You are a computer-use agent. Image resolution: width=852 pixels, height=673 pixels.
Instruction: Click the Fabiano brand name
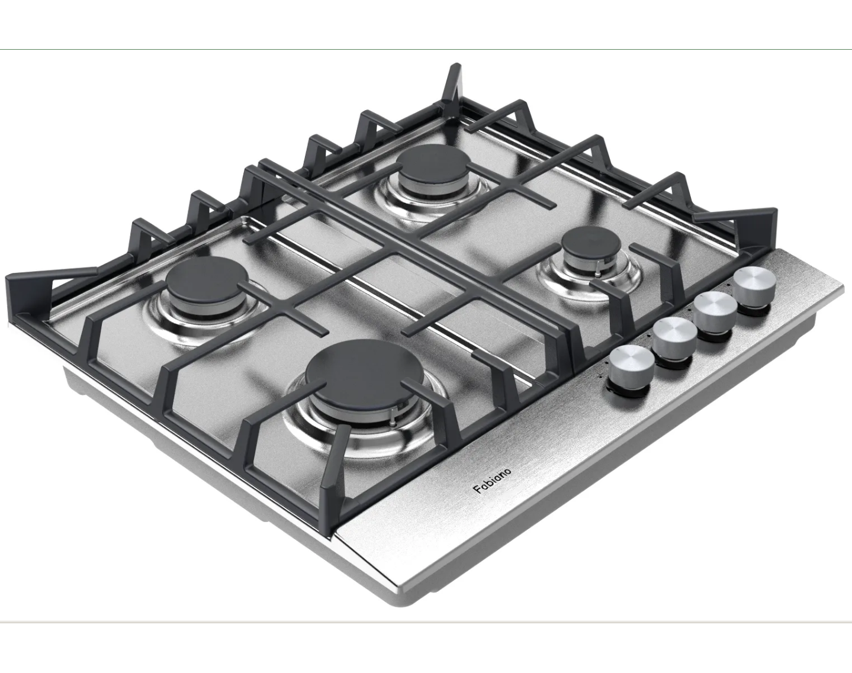coord(492,481)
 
